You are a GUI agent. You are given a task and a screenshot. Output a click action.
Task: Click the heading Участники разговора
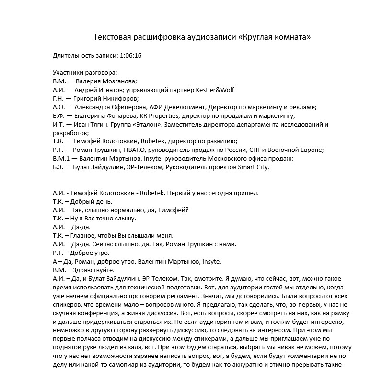[x=85, y=73]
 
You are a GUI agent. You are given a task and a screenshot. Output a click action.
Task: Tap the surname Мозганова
[x=119, y=81]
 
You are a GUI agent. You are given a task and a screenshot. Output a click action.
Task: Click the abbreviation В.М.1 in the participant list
[x=62, y=158]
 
